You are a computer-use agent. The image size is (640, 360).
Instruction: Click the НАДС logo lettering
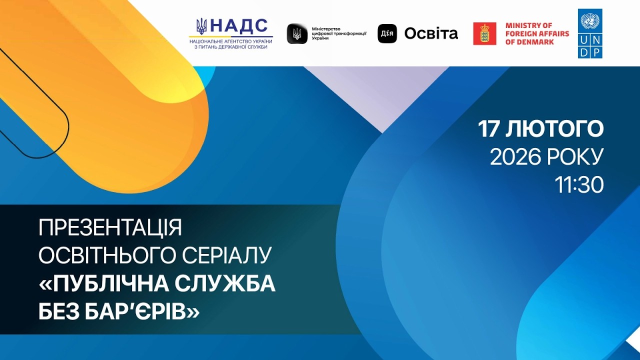click(239, 25)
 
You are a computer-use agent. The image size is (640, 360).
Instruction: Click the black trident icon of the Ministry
click(297, 33)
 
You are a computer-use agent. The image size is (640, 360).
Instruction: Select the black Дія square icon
click(387, 33)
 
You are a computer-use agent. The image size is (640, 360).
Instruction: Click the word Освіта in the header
click(431, 33)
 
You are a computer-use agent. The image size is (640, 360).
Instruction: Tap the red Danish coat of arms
click(484, 33)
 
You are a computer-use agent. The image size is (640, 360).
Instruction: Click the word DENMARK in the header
click(529, 42)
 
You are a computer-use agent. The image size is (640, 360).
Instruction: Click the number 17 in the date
click(489, 129)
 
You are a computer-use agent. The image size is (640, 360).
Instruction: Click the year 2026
click(514, 157)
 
